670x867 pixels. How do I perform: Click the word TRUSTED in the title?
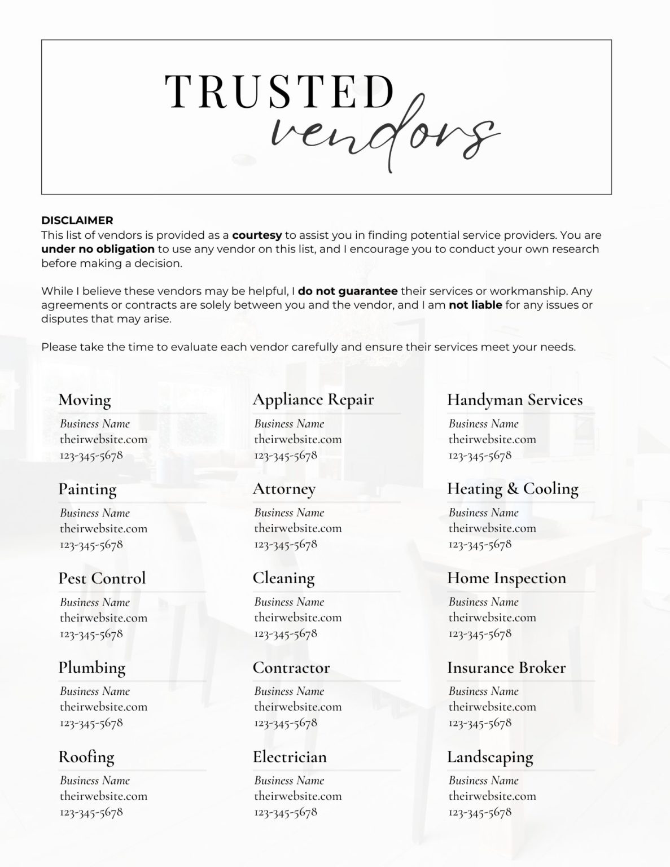tap(279, 91)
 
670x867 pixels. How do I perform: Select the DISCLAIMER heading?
tap(77, 220)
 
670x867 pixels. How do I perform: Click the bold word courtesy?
tap(257, 235)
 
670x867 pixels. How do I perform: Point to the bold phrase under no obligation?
tap(98, 249)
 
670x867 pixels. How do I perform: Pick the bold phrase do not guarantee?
tap(348, 291)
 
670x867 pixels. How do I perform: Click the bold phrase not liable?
tap(475, 305)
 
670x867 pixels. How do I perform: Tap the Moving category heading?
tap(85, 400)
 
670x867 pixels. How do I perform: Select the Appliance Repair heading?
tap(313, 400)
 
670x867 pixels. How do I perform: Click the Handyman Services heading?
tap(515, 400)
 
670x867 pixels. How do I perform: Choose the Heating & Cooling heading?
tap(513, 489)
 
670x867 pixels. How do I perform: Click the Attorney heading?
tap(284, 489)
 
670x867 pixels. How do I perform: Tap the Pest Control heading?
tap(102, 578)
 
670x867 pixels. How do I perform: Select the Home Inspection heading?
tap(506, 578)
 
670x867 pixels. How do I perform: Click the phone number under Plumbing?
tap(91, 722)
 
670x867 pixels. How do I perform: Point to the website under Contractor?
tap(297, 707)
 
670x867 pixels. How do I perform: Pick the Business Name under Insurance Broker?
tap(483, 691)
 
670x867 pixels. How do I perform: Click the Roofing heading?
tap(86, 756)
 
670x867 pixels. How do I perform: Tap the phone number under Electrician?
tap(286, 812)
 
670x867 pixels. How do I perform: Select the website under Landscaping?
tap(492, 796)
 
